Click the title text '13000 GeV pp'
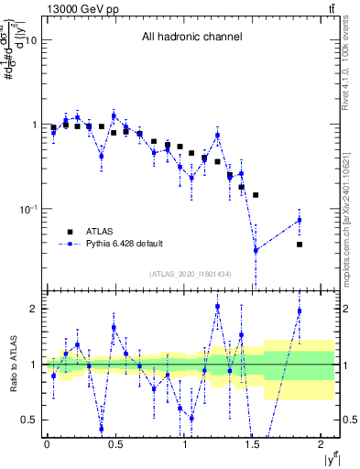point(47,8)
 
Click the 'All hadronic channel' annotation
point(191,38)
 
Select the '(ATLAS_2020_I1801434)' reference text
point(191,275)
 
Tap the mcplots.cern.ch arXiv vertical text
point(351,202)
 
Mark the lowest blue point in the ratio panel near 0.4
point(101,428)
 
